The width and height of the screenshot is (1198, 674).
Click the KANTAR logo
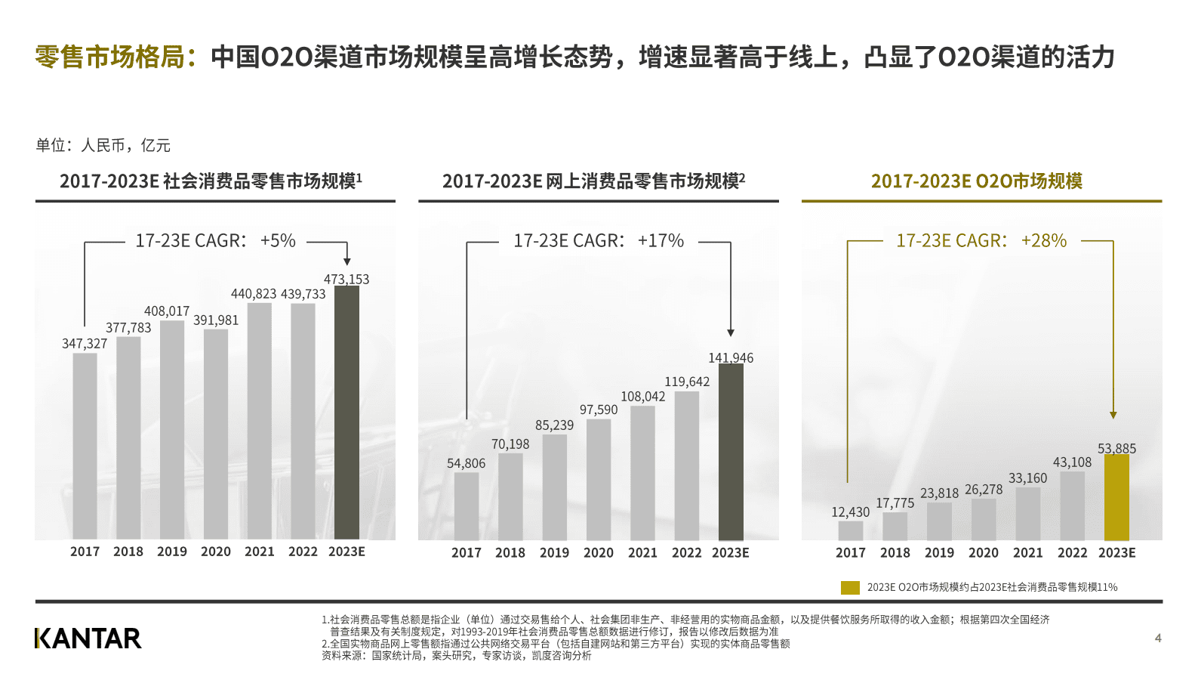(88, 638)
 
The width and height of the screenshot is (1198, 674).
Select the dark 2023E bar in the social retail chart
(346, 413)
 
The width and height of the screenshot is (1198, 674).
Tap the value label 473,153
(346, 279)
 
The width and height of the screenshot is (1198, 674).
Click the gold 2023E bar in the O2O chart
(1116, 497)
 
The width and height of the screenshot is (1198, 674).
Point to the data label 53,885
(1116, 448)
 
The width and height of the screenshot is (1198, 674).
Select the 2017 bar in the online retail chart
(466, 505)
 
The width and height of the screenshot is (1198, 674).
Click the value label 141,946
(730, 357)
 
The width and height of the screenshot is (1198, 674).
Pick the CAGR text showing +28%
(981, 241)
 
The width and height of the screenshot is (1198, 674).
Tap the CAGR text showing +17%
(599, 241)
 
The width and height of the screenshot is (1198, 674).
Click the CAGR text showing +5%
(216, 241)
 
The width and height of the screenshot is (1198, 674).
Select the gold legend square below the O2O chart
(850, 587)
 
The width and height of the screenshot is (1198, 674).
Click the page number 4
(1158, 638)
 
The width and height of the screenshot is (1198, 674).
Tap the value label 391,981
(216, 320)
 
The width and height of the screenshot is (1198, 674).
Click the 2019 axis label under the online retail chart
(554, 552)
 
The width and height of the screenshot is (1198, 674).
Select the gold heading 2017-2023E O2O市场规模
(976, 181)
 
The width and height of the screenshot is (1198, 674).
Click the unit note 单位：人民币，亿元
(103, 145)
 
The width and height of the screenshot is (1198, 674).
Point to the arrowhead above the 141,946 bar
(730, 332)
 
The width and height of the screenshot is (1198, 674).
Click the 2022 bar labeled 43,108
(1072, 505)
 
